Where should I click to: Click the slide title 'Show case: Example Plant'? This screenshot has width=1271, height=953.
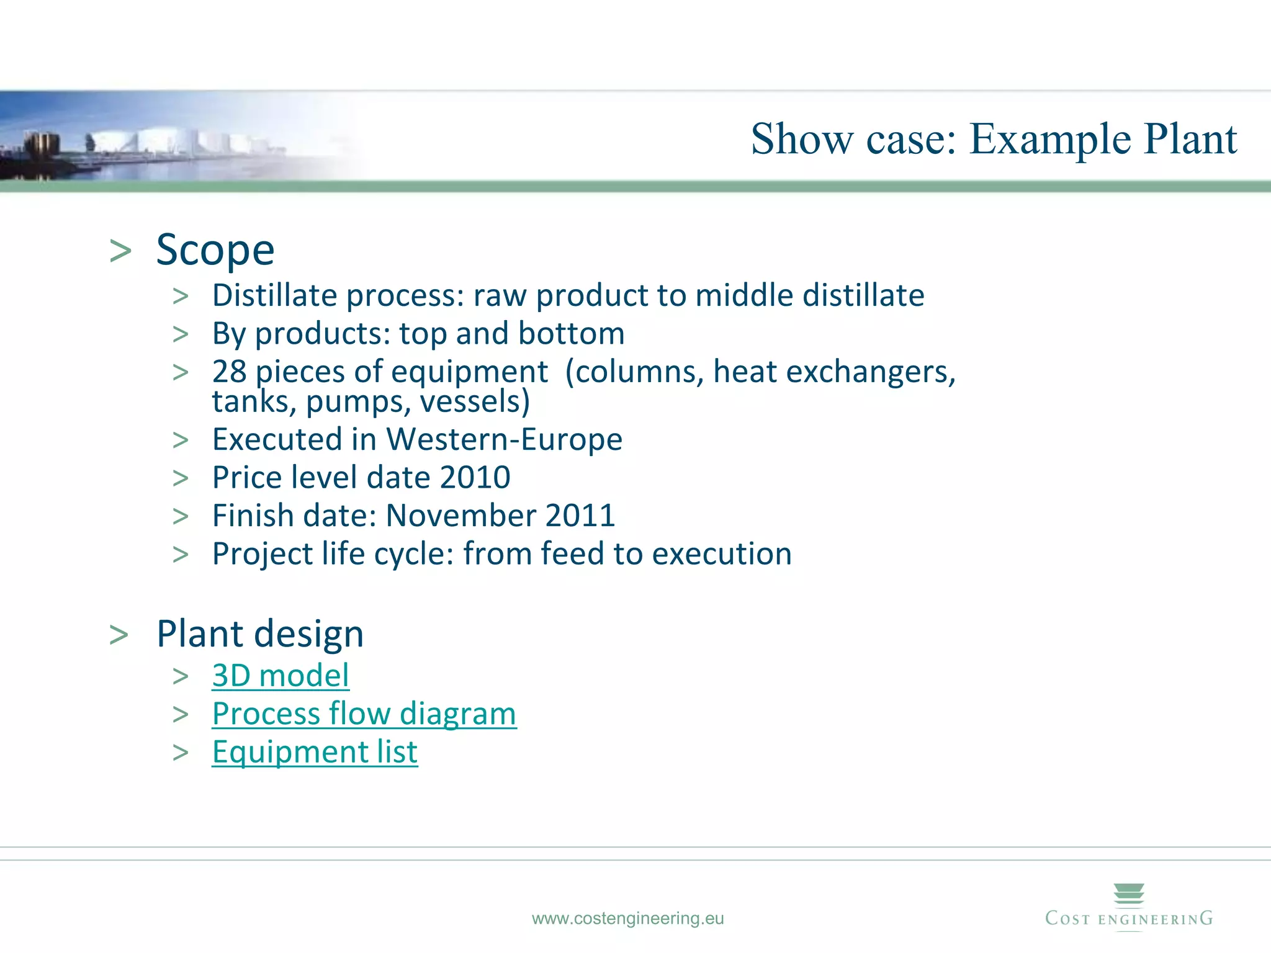pyautogui.click(x=994, y=139)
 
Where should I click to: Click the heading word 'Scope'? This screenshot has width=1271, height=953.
pyautogui.click(x=215, y=250)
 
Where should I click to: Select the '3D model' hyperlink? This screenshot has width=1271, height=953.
pyautogui.click(x=281, y=676)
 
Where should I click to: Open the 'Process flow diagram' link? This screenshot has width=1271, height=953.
pyautogui.click(x=364, y=714)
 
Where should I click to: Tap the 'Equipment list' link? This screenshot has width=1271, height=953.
pyautogui.click(x=315, y=752)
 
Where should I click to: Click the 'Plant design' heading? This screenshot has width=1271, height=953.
pyautogui.click(x=260, y=634)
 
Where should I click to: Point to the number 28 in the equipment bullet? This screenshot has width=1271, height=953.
pyautogui.click(x=229, y=372)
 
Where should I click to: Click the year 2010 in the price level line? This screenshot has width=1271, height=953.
pyautogui.click(x=475, y=478)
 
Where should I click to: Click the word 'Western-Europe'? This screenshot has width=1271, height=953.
pyautogui.click(x=504, y=440)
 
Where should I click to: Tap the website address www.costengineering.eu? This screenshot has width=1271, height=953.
pyautogui.click(x=627, y=918)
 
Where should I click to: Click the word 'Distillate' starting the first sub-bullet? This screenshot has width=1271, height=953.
pyautogui.click(x=274, y=295)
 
